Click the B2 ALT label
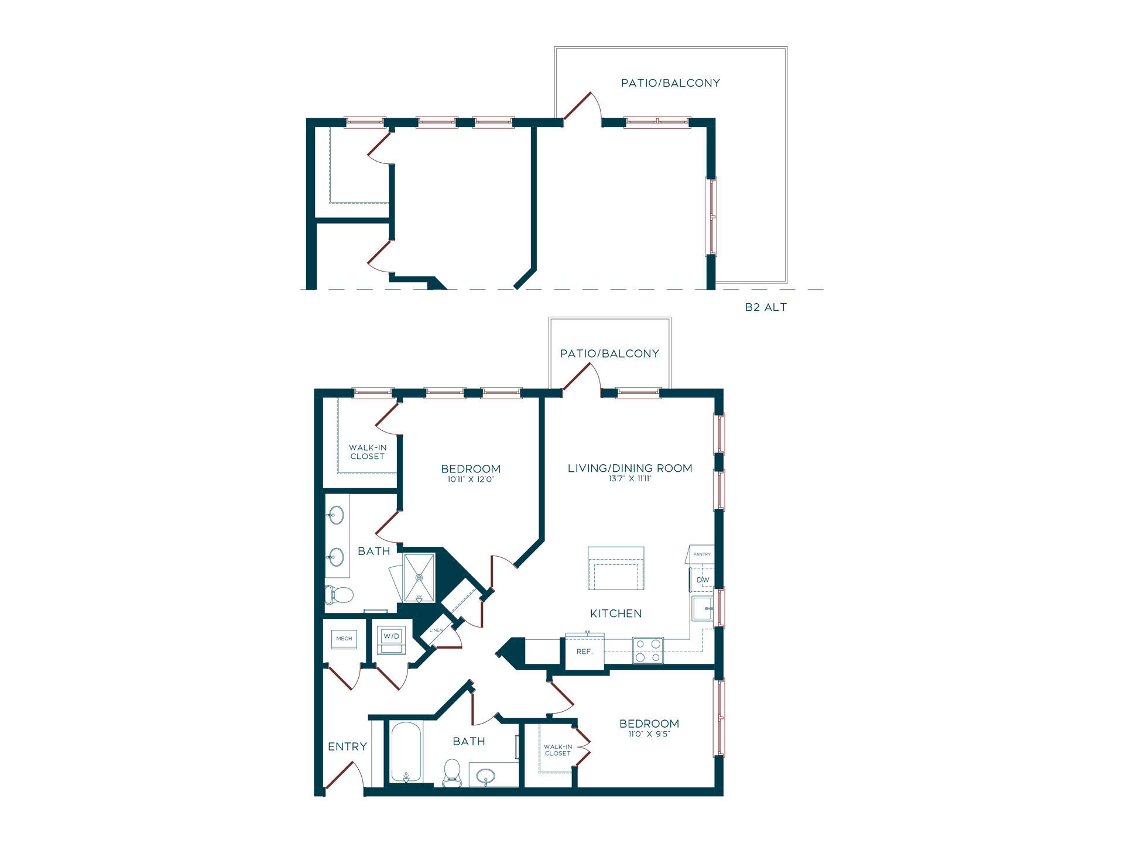pyautogui.click(x=766, y=307)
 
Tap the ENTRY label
pyautogui.click(x=347, y=746)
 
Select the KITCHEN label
pyautogui.click(x=616, y=614)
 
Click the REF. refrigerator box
pyautogui.click(x=585, y=651)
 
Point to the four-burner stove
pyautogui.click(x=648, y=650)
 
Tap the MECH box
pyautogui.click(x=344, y=639)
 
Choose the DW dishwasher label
pyautogui.click(x=702, y=580)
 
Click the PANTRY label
pyautogui.click(x=702, y=554)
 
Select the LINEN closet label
pyautogui.click(x=436, y=630)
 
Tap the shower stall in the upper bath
pyautogui.click(x=419, y=578)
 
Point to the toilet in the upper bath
pyautogui.click(x=340, y=595)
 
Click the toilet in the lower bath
pyautogui.click(x=452, y=773)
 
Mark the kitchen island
pyautogui.click(x=616, y=568)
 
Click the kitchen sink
pyautogui.click(x=701, y=609)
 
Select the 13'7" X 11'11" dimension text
pyautogui.click(x=630, y=479)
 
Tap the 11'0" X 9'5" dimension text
pyautogui.click(x=649, y=734)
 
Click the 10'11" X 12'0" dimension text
pyautogui.click(x=471, y=479)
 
